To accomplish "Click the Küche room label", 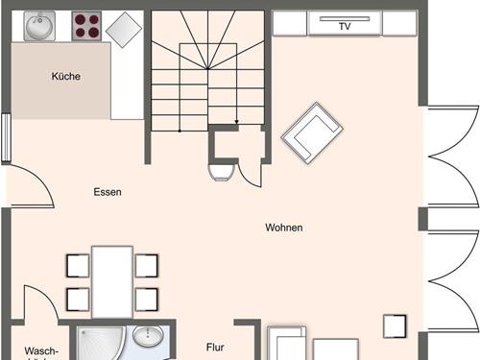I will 66,76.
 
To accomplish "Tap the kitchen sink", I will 40,27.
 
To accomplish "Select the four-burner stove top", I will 87,26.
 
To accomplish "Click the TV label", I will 345,27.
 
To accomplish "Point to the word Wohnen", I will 284,228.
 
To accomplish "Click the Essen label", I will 108,192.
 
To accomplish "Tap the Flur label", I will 215,348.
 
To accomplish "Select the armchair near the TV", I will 313,132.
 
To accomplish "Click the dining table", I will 112,281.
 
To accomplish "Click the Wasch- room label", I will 41,351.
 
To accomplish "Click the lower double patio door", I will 452,282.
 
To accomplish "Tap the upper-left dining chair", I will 78,265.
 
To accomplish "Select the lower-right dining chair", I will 146,300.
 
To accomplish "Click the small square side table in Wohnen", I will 395,325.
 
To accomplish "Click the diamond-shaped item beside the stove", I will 124,30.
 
